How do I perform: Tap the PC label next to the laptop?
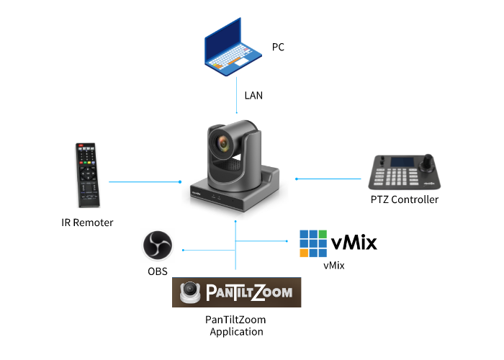(x=279, y=47)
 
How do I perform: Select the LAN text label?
(x=253, y=94)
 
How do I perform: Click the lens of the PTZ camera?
(x=225, y=144)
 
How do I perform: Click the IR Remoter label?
(x=87, y=222)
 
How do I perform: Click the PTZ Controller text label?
(x=403, y=199)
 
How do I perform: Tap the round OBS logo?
(x=157, y=246)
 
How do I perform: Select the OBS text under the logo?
(x=157, y=271)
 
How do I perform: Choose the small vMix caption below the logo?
(x=334, y=266)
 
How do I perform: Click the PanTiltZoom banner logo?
(x=236, y=292)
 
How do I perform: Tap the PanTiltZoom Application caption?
(x=236, y=325)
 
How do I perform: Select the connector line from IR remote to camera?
(x=144, y=182)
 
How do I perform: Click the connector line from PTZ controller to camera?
(x=328, y=179)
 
